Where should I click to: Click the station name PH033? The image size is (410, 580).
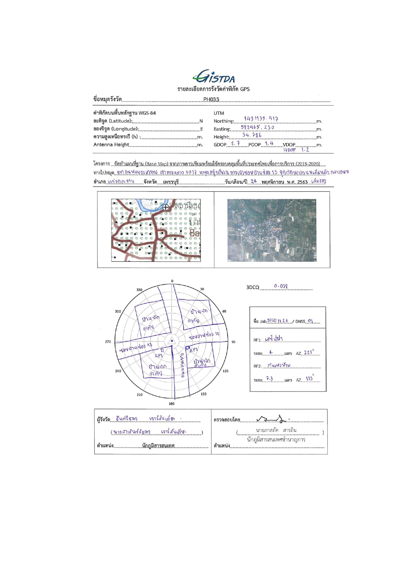(211, 99)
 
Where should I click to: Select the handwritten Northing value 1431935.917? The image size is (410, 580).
(261, 119)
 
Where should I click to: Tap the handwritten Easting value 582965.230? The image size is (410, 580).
(257, 127)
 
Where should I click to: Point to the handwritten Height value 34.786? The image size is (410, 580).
(252, 135)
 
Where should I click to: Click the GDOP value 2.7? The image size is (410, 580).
(235, 143)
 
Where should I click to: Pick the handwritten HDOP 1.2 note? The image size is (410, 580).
(296, 150)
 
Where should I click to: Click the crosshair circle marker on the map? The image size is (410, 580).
(166, 207)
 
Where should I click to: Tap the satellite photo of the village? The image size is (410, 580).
(272, 230)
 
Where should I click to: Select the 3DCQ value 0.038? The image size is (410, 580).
(281, 286)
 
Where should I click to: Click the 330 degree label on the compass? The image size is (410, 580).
(139, 290)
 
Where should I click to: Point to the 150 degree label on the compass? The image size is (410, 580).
(204, 394)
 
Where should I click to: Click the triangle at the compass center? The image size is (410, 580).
(171, 341)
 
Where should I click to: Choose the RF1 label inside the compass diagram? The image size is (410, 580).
(159, 355)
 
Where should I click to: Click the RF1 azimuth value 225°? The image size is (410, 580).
(309, 352)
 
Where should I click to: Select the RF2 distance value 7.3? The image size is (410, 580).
(270, 379)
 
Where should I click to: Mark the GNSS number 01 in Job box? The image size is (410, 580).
(310, 321)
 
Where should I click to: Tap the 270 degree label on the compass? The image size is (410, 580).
(108, 342)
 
